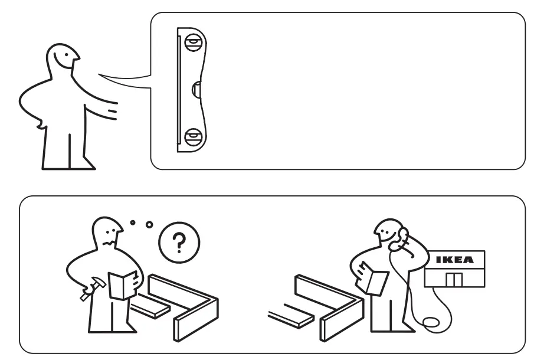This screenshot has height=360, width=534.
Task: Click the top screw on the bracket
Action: click(x=192, y=43)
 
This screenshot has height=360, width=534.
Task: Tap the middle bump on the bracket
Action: click(x=197, y=90)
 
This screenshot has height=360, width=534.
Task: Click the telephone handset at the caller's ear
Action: click(x=403, y=238)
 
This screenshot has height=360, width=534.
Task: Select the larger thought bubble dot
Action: click(x=149, y=225)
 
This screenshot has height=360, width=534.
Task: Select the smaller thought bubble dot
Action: click(x=132, y=222)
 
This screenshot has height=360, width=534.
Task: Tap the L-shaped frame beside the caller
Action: click(x=330, y=307)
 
